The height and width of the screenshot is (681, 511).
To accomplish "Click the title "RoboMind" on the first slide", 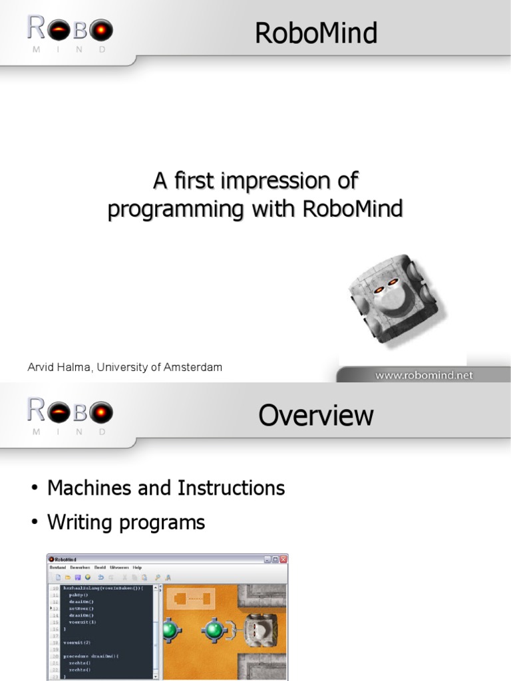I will tap(316, 33).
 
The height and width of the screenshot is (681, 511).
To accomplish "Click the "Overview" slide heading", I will tap(316, 416).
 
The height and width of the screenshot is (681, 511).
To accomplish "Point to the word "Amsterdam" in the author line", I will tap(194, 367).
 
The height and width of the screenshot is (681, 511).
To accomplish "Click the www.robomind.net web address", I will tap(423, 375).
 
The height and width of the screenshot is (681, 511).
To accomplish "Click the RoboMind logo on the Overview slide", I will tap(69, 416).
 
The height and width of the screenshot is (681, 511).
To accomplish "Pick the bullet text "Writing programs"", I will tap(126, 523).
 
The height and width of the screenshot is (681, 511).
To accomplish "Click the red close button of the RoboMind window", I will tap(283, 559).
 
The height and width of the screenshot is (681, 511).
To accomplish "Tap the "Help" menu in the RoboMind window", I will tap(137, 568).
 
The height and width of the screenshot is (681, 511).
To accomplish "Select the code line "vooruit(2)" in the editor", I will tap(77, 642).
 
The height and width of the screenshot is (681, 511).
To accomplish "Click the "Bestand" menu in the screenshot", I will tap(58, 568).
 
